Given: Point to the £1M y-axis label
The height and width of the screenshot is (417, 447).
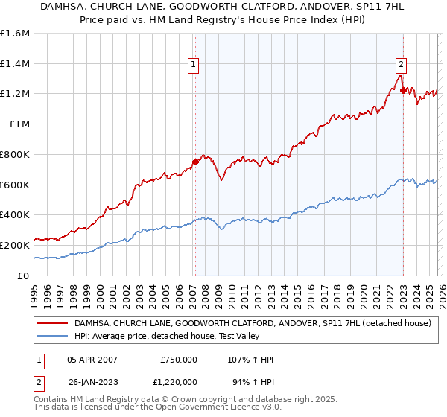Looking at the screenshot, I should pyautogui.click(x=18, y=124).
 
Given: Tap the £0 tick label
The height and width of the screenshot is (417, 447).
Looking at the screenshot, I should pyautogui.click(x=22, y=276).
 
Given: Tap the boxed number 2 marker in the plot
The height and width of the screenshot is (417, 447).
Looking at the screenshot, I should pyautogui.click(x=401, y=64).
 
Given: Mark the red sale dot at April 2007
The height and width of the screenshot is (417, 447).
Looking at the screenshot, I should pyautogui.click(x=195, y=162).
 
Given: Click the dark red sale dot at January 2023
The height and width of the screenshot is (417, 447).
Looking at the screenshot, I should pyautogui.click(x=403, y=90).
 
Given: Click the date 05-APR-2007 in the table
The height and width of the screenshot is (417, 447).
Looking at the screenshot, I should pyautogui.click(x=92, y=360).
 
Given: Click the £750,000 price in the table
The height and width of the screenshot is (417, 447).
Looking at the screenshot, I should pyautogui.click(x=179, y=360).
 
